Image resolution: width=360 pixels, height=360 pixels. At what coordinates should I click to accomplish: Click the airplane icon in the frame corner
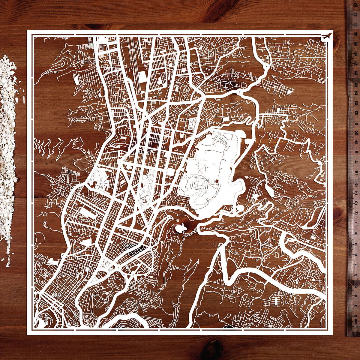coord(327,36)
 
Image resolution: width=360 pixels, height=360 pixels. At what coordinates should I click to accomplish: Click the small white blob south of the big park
coord(180,228)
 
